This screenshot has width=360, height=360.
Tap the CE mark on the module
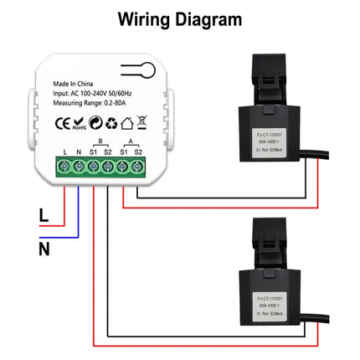(x=62, y=124)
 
